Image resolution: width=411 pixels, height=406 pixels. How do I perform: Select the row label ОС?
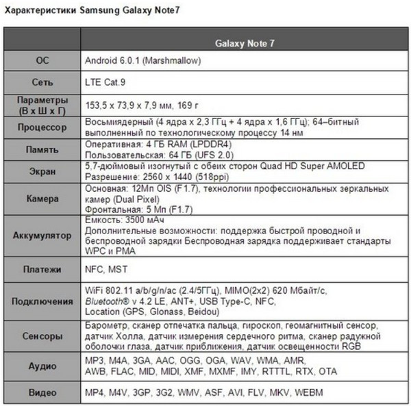tap(42, 61)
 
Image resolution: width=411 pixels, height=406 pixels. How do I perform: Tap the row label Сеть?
tap(42, 82)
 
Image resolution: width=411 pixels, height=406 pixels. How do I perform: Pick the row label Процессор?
tap(42, 127)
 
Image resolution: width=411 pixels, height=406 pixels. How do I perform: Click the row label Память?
tap(42, 149)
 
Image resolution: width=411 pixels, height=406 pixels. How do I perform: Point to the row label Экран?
tap(42, 171)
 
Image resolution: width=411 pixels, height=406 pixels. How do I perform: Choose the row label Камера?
tap(42, 199)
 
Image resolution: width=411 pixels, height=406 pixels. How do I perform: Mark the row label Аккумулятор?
tap(42, 236)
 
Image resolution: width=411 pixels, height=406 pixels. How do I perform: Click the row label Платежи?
tap(42, 270)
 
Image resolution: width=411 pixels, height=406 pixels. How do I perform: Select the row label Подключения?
tap(42, 301)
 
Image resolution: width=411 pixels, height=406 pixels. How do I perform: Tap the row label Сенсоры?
tap(42, 337)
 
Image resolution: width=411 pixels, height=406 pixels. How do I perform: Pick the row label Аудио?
tap(42, 366)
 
